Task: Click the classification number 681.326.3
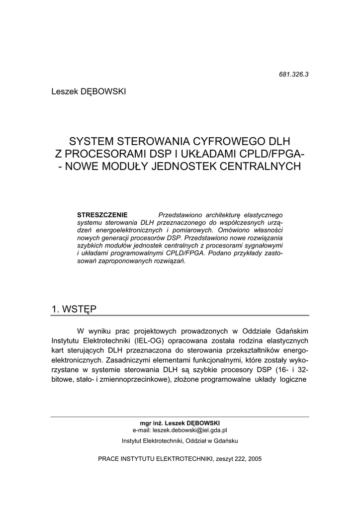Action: pyautogui.click(x=294, y=75)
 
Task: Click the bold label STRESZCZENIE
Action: pyautogui.click(x=102, y=215)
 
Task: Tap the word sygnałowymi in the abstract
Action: pyautogui.click(x=263, y=246)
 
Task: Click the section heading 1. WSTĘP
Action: pyautogui.click(x=74, y=309)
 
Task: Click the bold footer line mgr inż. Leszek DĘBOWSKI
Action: pyautogui.click(x=180, y=423)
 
